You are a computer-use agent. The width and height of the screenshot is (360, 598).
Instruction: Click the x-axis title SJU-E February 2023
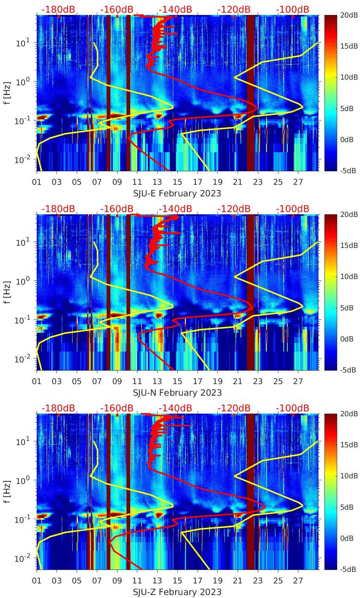[x=177, y=193]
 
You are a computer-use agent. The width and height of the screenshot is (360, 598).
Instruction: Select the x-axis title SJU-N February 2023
[x=177, y=393]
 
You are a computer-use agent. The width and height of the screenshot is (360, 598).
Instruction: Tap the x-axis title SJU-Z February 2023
[x=177, y=592]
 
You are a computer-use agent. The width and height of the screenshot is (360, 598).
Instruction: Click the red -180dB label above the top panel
[x=58, y=9]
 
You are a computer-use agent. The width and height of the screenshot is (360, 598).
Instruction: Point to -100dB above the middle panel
[x=292, y=209]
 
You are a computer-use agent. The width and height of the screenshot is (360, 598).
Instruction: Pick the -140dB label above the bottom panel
[x=175, y=408]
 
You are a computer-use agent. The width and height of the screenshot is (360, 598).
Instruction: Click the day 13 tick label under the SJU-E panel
[x=157, y=182]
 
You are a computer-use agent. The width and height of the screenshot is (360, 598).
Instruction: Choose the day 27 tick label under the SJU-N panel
[x=298, y=381]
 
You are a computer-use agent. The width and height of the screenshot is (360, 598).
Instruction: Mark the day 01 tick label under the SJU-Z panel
[x=37, y=581]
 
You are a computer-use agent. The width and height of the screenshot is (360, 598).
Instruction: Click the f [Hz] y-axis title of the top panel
[x=7, y=92]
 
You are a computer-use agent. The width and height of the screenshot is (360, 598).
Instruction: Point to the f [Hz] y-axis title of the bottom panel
[x=7, y=491]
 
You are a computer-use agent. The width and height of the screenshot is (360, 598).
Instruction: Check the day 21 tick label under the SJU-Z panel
[x=238, y=581]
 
